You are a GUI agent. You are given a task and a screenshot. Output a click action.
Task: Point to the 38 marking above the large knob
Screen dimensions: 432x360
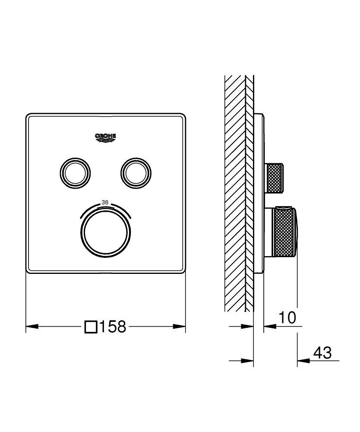pos(105,202)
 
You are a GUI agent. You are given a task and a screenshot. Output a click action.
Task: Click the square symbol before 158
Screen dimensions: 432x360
pos(91,327)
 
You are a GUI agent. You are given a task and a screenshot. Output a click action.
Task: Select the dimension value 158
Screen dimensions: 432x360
pos(113,327)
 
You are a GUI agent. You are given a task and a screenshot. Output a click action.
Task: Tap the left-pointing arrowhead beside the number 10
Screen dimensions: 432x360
pos(268,327)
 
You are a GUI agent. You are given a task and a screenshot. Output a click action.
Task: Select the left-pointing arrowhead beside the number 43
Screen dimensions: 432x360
pos(303,360)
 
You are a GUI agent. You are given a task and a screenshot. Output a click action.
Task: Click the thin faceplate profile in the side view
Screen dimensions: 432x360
pos(258,194)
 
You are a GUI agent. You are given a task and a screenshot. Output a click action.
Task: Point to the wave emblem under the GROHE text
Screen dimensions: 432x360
pos(106,140)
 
